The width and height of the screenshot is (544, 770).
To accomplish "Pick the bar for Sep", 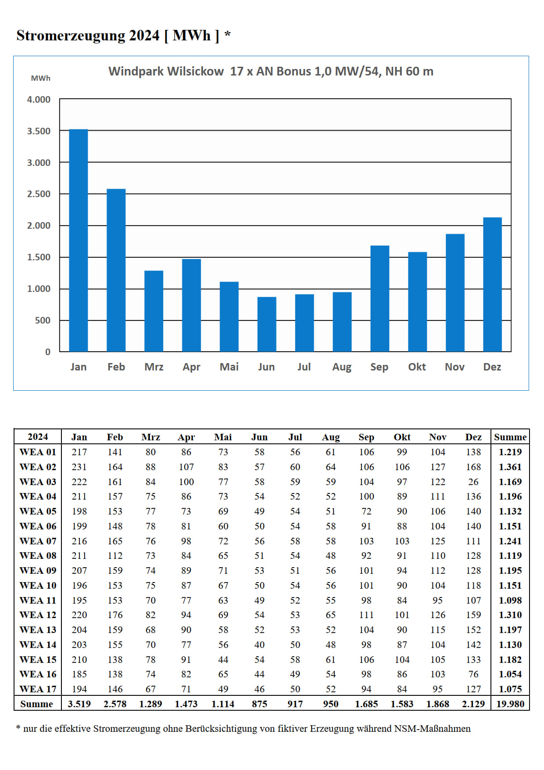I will coord(379,299).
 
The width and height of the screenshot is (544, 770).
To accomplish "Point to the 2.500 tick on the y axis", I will coord(39,194).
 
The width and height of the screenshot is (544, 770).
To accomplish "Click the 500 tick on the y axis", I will coord(43,320).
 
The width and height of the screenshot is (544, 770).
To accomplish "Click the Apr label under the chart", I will coord(191,367).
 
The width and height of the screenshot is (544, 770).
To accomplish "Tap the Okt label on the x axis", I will coord(417,367).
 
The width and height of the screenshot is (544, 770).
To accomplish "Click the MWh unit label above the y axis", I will coord(40,78).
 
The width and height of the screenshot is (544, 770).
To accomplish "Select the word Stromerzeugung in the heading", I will coord(71,36).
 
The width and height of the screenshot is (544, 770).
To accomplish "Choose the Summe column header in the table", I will coord(510,437).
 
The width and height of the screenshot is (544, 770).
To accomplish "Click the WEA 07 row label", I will coord(38,541).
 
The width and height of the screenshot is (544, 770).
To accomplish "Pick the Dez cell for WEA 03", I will coord(473,482).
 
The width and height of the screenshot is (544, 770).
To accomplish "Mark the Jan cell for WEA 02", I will coord(79,467).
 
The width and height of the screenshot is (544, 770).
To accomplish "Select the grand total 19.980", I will coord(510,704).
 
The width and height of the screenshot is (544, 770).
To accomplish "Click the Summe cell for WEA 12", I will coord(510,615).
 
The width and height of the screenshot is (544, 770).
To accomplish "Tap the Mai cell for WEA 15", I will coord(223,659).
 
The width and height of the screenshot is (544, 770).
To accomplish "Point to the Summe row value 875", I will coord(259,704).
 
